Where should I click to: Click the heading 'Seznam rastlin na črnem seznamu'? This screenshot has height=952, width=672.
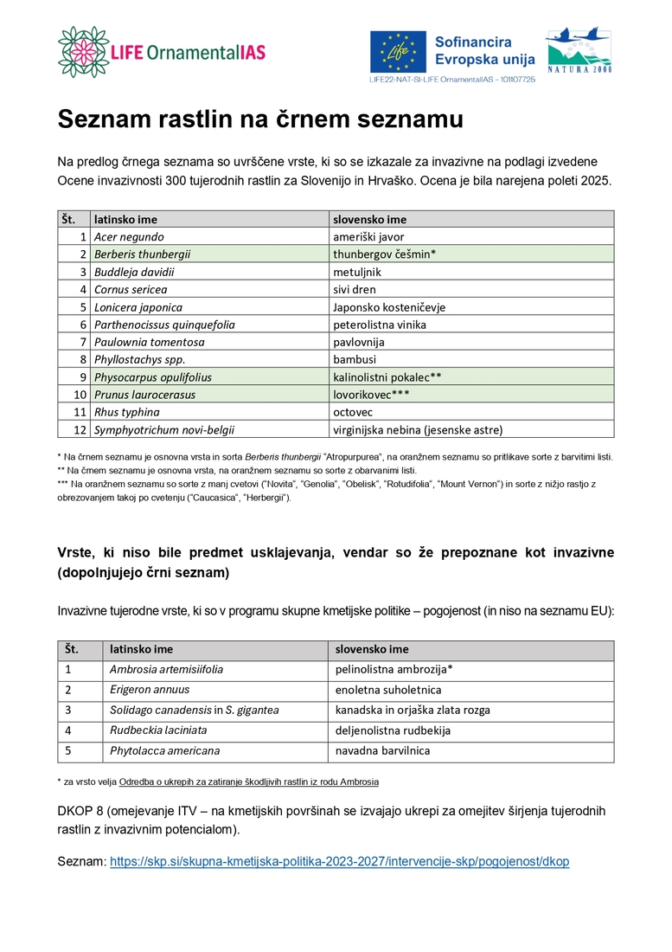point(260,119)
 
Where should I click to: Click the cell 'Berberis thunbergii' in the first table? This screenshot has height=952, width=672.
point(142,254)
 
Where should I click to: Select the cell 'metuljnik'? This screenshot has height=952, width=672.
point(357,272)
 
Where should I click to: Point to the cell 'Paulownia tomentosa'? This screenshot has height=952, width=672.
point(150,342)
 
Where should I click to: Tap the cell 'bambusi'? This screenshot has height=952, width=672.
point(355,359)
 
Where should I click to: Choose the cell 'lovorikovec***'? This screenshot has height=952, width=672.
point(371,395)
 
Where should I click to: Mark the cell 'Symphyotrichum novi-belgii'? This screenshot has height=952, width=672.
point(164,429)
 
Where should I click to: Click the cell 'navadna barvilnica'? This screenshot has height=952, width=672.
point(382,750)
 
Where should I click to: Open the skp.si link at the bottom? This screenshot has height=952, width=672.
point(339,862)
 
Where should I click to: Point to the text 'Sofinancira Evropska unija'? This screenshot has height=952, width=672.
point(484,51)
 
